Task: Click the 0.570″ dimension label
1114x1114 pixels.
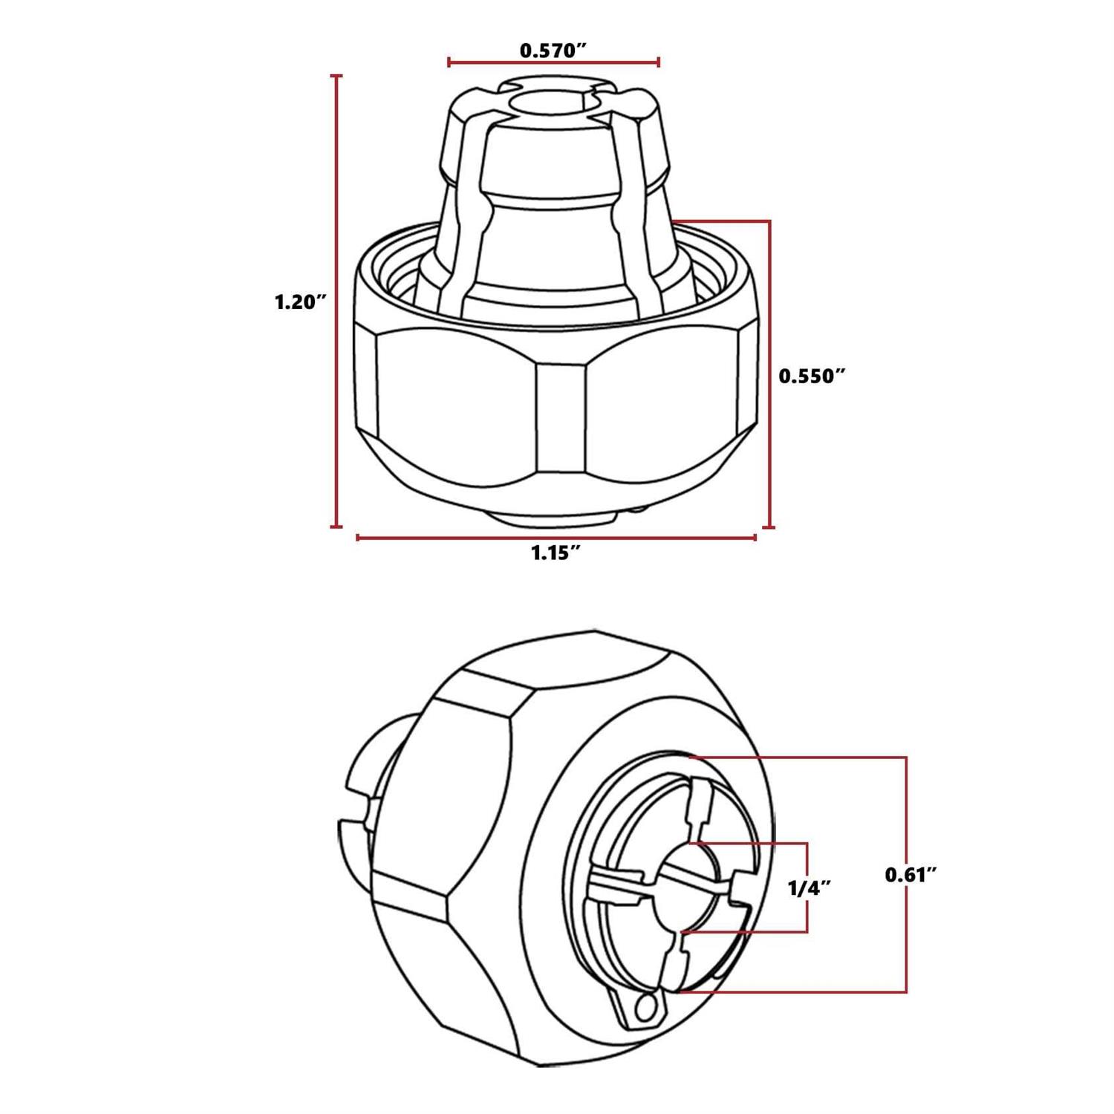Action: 553,51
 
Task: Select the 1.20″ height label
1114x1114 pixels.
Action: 300,302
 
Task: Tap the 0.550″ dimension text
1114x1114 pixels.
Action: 812,377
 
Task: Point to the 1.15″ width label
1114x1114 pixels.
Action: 555,553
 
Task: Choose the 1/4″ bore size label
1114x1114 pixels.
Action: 809,887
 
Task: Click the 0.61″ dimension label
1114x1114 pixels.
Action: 911,875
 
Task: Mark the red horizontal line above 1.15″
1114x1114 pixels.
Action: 556,537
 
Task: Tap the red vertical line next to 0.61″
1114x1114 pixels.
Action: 906,875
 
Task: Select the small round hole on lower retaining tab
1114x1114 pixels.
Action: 646,1008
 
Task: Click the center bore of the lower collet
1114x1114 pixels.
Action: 687,887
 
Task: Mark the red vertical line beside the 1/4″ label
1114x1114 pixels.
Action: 807,887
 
